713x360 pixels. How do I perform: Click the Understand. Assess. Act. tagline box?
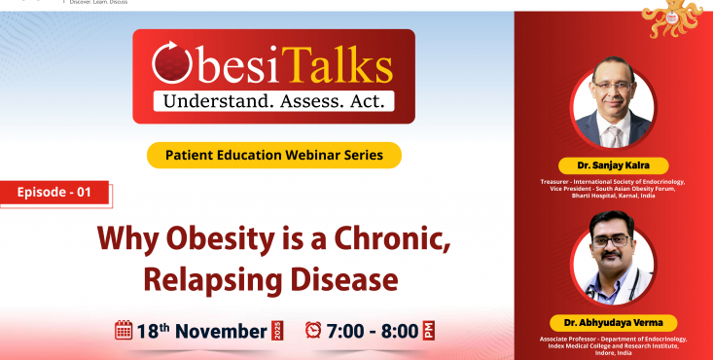pos(272,99)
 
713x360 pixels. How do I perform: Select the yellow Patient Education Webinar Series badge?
pos(274,155)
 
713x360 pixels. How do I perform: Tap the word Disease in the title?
pos(340,279)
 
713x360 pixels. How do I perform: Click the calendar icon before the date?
pos(124,330)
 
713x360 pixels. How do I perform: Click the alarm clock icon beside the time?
pos(313,330)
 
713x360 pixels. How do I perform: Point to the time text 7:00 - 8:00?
pos(374,330)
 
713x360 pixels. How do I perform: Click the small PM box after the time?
pos(429,330)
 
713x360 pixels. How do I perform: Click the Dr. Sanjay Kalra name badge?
pos(613,164)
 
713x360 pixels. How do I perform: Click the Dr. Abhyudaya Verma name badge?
pos(613,322)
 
